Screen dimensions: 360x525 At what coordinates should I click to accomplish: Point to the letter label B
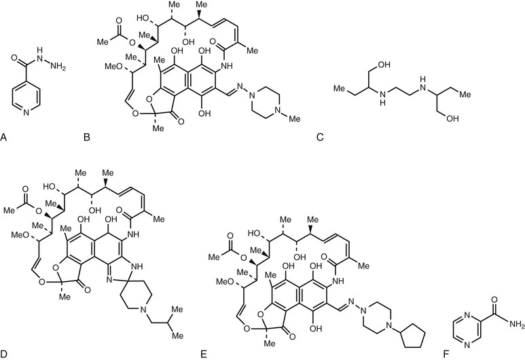click(86, 138)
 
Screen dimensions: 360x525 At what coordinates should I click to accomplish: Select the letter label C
click(319, 138)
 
